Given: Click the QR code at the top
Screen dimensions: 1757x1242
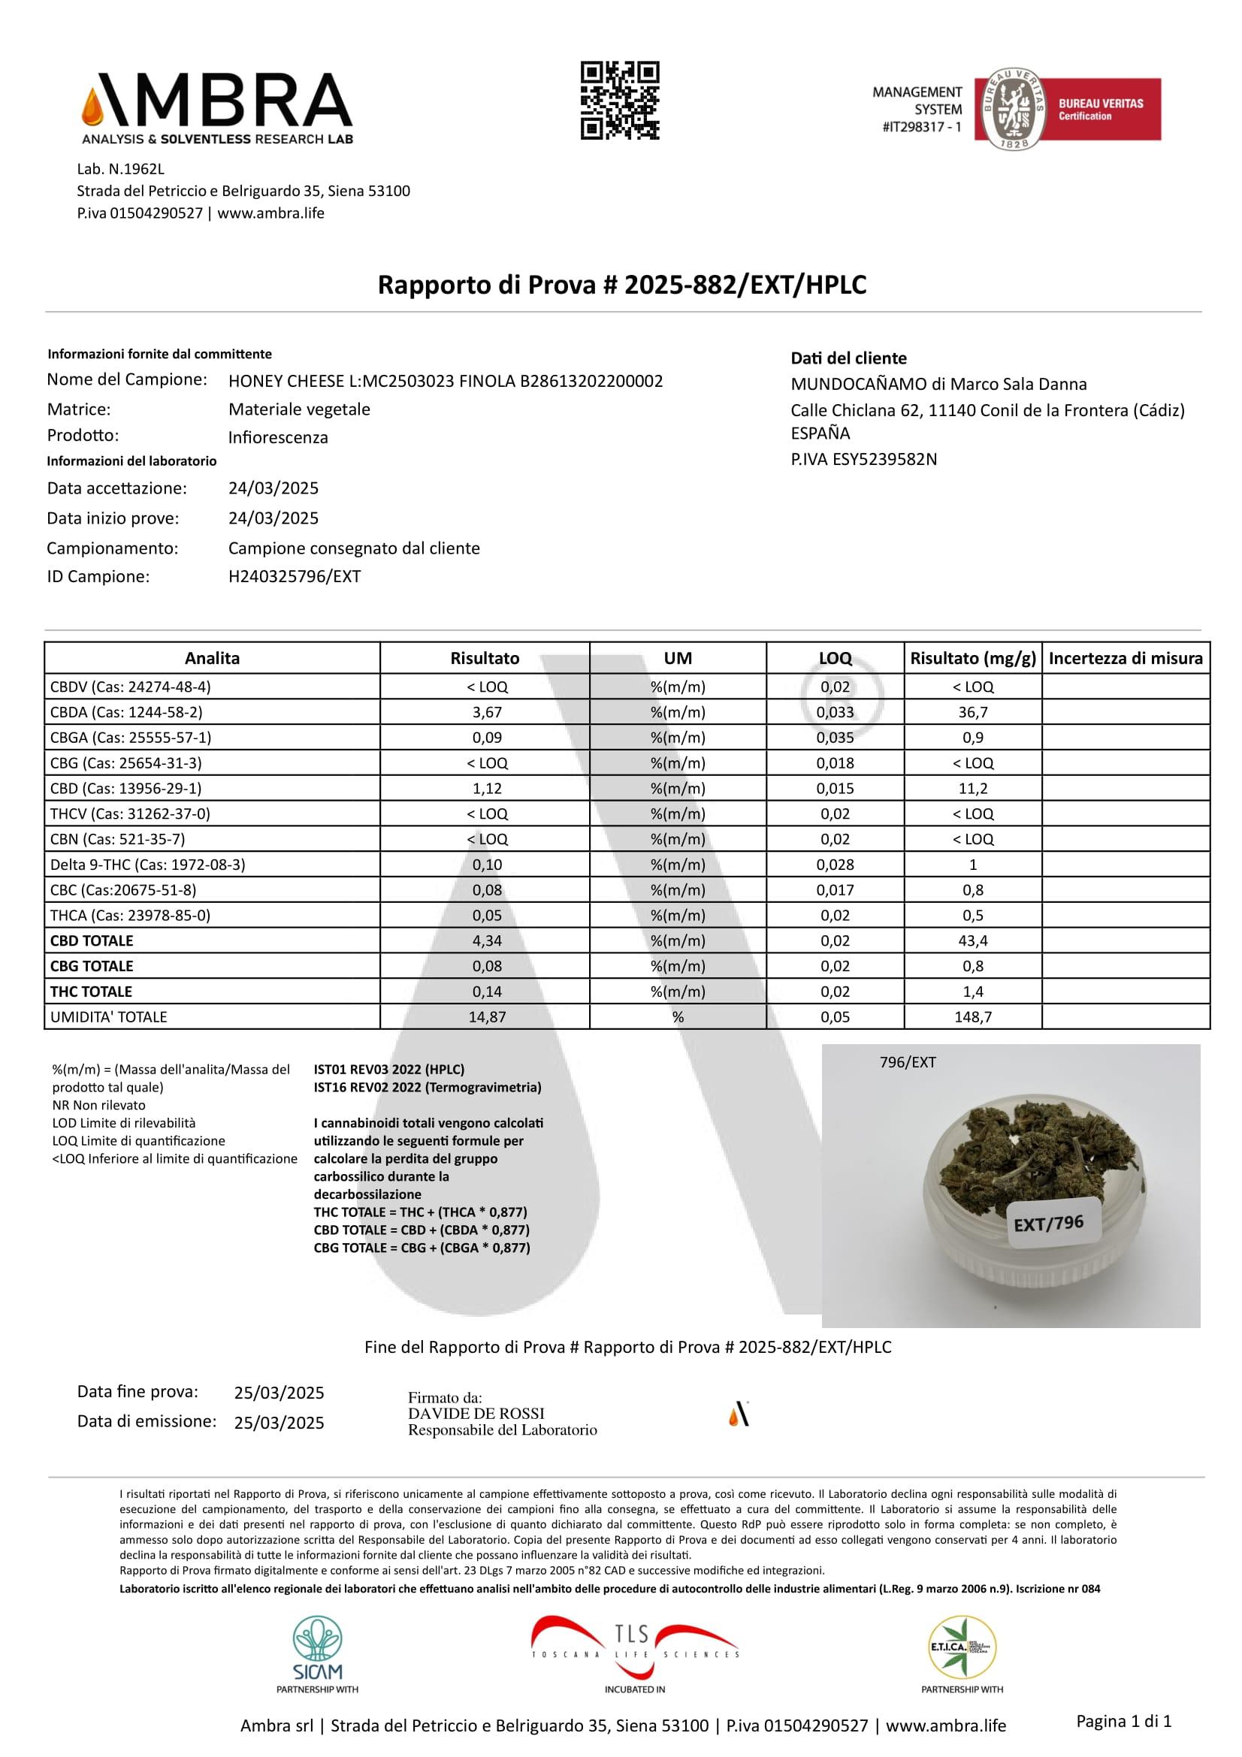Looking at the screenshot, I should point(620,100).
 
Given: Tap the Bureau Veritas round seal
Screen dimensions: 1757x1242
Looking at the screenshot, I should point(1013,109).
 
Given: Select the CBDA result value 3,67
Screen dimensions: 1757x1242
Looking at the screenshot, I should point(487,712).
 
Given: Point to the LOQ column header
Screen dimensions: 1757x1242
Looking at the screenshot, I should point(835,658).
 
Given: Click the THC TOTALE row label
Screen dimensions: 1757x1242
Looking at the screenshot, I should point(91,991).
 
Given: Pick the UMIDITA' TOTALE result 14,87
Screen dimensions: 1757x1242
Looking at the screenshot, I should point(487,1016).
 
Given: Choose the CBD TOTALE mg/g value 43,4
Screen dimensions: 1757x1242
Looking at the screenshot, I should point(972,940).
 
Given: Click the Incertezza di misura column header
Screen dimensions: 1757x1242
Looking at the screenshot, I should point(1125,658).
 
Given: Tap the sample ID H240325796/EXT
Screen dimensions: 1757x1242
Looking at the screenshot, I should point(295,576).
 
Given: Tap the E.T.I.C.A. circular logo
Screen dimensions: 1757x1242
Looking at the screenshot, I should point(961,1647).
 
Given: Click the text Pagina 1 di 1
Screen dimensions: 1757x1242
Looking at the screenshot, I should point(1123,1721).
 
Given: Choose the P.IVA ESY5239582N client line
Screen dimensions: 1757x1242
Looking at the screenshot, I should point(863,459).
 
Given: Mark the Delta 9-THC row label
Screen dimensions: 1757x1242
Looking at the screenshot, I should point(148,864).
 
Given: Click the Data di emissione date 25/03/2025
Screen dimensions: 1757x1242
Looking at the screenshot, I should point(280,1423).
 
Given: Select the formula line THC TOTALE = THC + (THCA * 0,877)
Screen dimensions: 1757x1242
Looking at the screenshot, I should point(420,1212).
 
